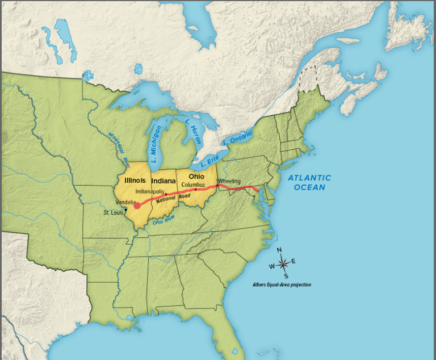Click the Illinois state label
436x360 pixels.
(x=135, y=180)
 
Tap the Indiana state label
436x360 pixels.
(x=164, y=181)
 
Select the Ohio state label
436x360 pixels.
(x=196, y=176)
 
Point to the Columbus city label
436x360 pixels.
(x=194, y=185)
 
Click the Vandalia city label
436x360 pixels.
(x=125, y=202)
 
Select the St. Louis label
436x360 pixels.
(x=114, y=213)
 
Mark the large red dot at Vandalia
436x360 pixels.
(x=136, y=206)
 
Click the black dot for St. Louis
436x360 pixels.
(x=126, y=209)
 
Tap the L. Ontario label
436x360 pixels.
(x=237, y=137)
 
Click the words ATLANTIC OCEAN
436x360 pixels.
(x=309, y=182)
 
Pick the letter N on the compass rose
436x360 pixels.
(x=279, y=250)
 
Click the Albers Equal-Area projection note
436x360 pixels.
(x=282, y=284)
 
